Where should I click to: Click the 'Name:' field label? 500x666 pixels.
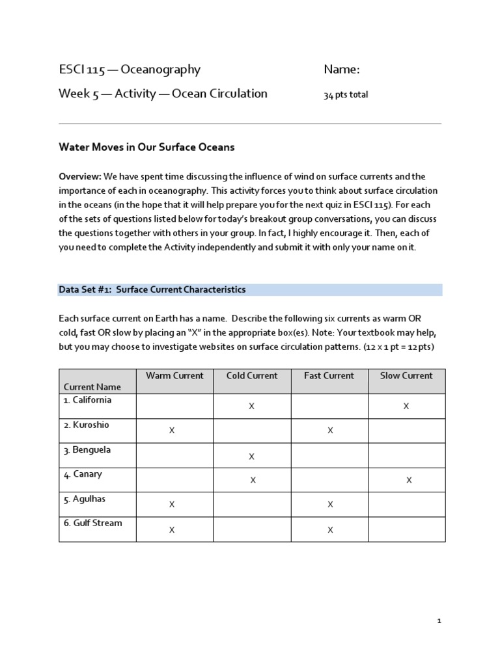click(342, 70)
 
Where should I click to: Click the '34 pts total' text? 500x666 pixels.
click(346, 95)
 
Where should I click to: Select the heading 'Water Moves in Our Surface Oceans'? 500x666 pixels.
click(146, 148)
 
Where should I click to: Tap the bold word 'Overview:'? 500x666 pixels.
click(80, 177)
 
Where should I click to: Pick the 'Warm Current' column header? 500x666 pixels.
click(174, 376)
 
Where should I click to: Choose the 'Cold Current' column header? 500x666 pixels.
click(252, 376)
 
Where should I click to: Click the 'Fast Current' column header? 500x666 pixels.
click(329, 376)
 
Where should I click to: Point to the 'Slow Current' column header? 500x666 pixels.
click(407, 376)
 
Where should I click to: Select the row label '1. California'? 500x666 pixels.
click(88, 400)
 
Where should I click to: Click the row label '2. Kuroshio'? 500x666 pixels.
click(87, 425)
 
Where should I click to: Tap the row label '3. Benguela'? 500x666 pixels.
click(87, 449)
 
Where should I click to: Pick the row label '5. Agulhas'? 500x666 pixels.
click(85, 499)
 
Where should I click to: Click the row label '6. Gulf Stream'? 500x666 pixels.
click(92, 523)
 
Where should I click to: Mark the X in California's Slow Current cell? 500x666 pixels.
click(406, 406)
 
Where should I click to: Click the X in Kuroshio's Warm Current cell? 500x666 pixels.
click(172, 431)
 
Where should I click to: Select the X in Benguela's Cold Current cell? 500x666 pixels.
click(251, 457)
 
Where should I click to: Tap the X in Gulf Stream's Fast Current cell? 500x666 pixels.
click(330, 530)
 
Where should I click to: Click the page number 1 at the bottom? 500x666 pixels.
click(439, 622)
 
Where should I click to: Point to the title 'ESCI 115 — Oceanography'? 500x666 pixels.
click(130, 70)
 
